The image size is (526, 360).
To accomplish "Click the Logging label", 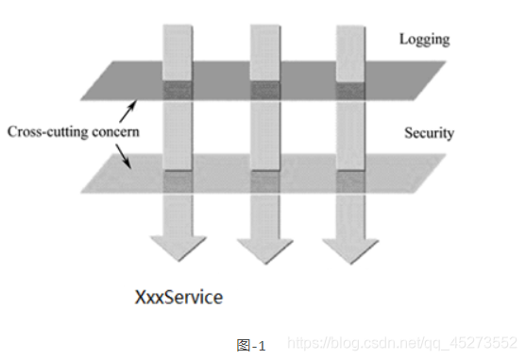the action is click(x=424, y=40).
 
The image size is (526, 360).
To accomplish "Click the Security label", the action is click(x=429, y=133).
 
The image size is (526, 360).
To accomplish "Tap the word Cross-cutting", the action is click(x=48, y=131).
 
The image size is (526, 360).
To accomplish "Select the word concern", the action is click(x=115, y=132).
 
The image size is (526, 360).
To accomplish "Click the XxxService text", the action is click(x=178, y=298).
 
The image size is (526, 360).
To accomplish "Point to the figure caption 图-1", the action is click(x=251, y=345).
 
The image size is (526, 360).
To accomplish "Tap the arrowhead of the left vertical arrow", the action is click(x=178, y=249).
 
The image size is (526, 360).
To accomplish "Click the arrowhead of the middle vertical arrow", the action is click(x=265, y=251).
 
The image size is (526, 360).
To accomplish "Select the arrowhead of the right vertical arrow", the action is click(x=351, y=251).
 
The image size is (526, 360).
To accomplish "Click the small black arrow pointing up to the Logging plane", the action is click(x=127, y=111).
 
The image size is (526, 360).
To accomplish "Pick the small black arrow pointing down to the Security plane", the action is click(x=123, y=156).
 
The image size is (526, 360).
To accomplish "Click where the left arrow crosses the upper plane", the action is click(x=178, y=91).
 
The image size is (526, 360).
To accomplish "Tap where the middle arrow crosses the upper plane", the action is click(x=265, y=91).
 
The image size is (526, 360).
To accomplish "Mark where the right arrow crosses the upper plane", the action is click(x=350, y=91).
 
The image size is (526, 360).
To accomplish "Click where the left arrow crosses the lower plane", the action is click(x=178, y=181).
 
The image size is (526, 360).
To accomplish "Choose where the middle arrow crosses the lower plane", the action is click(x=265, y=181).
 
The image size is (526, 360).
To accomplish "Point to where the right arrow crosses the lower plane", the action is click(x=350, y=181).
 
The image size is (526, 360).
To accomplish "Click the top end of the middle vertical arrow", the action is click(x=265, y=26).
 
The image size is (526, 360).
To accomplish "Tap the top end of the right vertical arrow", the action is click(x=350, y=26).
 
